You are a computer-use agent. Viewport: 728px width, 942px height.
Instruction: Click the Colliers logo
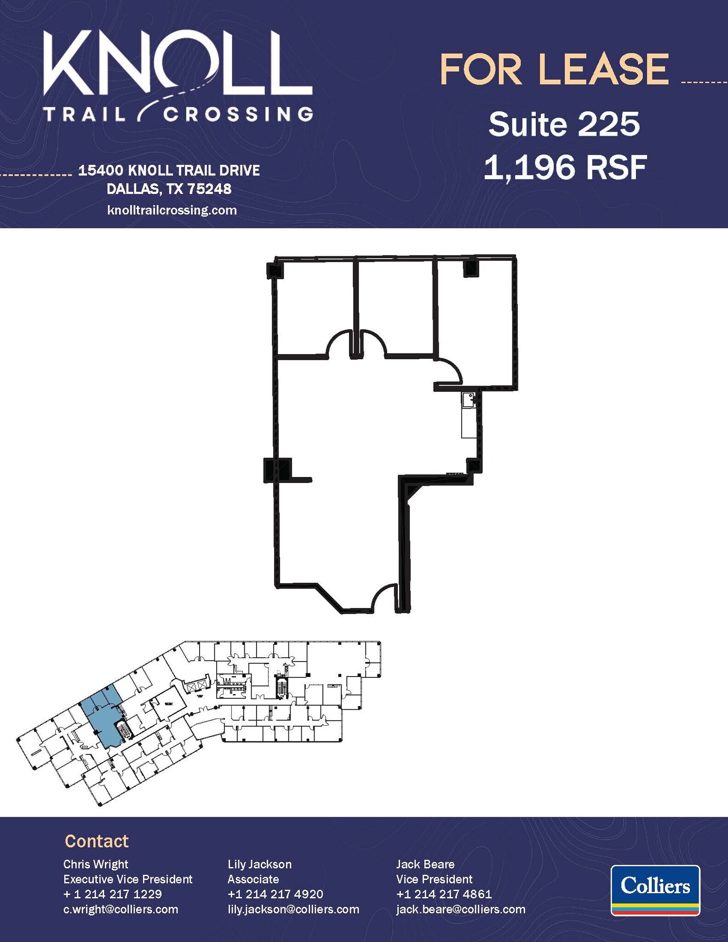pyautogui.click(x=655, y=890)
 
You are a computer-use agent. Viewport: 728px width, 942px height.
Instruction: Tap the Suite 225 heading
pyautogui.click(x=564, y=124)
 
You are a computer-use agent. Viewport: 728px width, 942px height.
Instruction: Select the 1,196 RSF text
pyautogui.click(x=565, y=167)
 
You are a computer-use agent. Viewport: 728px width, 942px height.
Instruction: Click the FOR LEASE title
pyautogui.click(x=554, y=69)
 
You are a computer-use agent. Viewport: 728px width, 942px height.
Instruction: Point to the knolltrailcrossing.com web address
pyautogui.click(x=172, y=210)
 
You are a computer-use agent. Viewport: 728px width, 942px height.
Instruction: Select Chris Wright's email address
pyautogui.click(x=120, y=909)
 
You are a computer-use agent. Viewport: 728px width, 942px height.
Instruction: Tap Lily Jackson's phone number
pyautogui.click(x=275, y=894)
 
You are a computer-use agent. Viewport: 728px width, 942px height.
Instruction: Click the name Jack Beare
pyautogui.click(x=425, y=864)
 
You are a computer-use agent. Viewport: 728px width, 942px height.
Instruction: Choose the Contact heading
pyautogui.click(x=97, y=841)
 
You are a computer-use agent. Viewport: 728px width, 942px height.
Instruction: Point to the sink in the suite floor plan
pyautogui.click(x=469, y=399)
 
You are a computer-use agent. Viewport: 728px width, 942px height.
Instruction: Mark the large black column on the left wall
pyautogui.click(x=277, y=470)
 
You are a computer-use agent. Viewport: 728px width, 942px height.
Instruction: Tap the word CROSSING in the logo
pyautogui.click(x=238, y=114)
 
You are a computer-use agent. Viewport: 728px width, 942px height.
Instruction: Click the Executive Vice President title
pyautogui.click(x=128, y=879)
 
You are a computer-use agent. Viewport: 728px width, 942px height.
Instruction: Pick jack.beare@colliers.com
pyautogui.click(x=461, y=909)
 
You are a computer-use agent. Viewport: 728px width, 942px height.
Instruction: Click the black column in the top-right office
pyautogui.click(x=471, y=269)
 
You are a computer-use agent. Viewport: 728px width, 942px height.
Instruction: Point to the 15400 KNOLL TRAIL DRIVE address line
pyautogui.click(x=169, y=171)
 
